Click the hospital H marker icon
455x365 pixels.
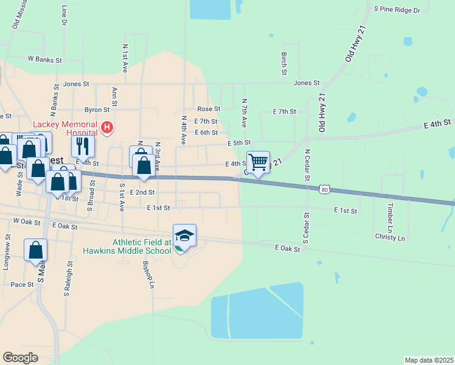coord(107,128)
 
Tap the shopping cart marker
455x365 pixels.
coord(259,162)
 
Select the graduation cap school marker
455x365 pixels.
coord(184,235)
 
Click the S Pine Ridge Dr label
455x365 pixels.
coord(397,10)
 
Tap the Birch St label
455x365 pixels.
coord(284,63)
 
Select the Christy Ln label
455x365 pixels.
coord(390,237)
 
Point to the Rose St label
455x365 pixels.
coord(209,108)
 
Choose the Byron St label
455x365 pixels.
coord(97,110)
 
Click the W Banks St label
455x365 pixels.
coord(45,60)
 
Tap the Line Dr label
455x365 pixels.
coord(64,16)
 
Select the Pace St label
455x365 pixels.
coord(22,284)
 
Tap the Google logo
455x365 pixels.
coord(20,358)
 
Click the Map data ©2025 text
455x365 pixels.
coord(429,360)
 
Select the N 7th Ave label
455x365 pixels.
coord(245,113)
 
